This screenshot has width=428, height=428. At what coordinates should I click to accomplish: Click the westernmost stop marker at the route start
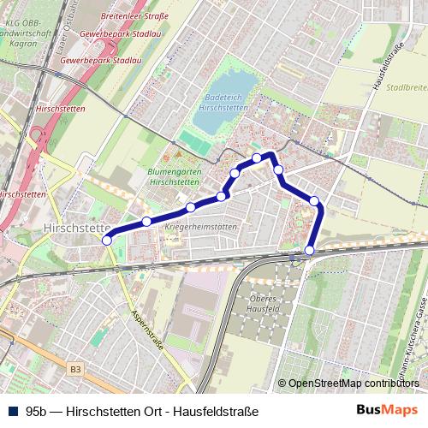coord(107,241)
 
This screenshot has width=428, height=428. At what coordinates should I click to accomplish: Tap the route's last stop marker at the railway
coord(309,250)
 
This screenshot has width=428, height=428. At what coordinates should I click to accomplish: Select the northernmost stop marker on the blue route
coord(257,158)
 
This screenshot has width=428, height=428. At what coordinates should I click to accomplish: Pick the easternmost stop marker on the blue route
coord(315,201)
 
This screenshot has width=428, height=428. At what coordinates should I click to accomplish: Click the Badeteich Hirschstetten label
coord(223,104)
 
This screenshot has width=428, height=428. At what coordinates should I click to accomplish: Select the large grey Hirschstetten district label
coord(75,229)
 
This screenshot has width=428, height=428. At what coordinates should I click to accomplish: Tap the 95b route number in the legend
coord(39,411)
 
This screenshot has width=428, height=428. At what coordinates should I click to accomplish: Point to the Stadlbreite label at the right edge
coord(407,87)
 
